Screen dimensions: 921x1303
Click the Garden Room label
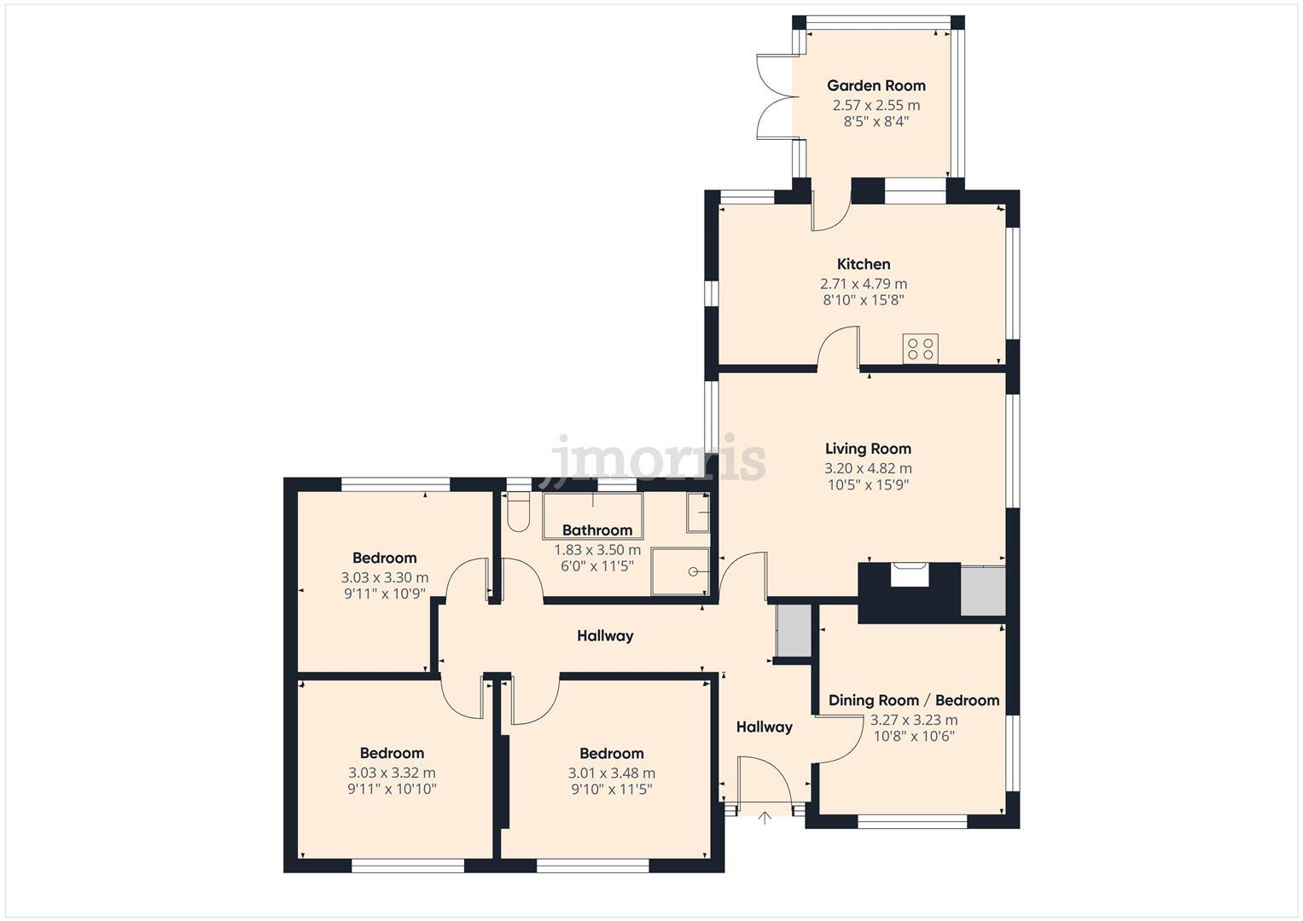coord(876,85)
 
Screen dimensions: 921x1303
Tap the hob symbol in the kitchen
coord(920,349)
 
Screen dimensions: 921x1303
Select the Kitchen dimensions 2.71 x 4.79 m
coord(864,284)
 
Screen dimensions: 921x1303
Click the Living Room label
coord(868,449)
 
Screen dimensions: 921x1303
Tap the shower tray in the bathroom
coord(680,571)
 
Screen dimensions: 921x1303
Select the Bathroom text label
coord(597,530)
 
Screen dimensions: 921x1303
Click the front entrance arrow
coord(765,819)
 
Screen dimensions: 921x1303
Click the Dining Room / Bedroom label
coord(914,700)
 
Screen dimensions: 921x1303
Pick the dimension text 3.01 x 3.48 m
coord(612,773)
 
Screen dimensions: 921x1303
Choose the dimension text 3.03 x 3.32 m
coord(392,773)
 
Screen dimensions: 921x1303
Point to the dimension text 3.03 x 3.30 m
coord(385,578)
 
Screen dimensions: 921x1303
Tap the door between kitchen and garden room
coord(830,211)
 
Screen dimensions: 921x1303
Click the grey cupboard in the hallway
coord(794,631)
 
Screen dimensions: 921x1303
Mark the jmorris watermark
coord(658,459)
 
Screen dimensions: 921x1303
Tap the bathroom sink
coord(699,513)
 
